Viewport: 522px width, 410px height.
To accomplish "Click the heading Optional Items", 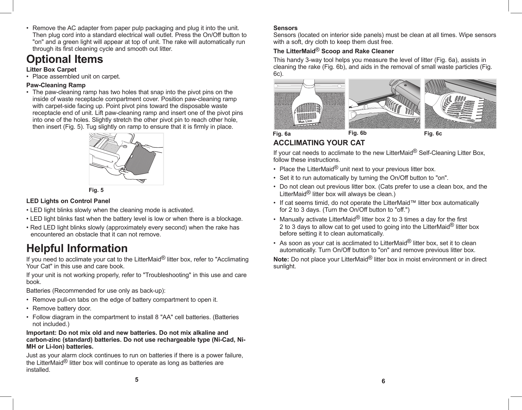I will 65,59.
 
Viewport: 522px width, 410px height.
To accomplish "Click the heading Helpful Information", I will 77,248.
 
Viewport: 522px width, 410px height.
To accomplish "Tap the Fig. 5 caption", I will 96,190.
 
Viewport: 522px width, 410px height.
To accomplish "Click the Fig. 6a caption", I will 282,134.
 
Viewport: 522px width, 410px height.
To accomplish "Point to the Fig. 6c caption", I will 433,134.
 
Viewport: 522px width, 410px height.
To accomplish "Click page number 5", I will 137,380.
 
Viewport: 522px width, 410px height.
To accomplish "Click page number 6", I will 383,381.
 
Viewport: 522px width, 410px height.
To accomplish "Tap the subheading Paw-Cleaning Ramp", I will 56,85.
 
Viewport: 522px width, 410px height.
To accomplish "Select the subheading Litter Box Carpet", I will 51,69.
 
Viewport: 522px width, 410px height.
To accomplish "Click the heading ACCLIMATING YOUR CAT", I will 319,143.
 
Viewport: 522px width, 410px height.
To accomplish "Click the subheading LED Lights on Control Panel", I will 68,201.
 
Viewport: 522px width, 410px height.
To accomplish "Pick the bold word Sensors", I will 285,28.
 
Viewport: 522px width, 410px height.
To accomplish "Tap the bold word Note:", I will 281,259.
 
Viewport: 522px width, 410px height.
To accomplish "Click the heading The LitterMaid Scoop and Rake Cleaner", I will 333,51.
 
